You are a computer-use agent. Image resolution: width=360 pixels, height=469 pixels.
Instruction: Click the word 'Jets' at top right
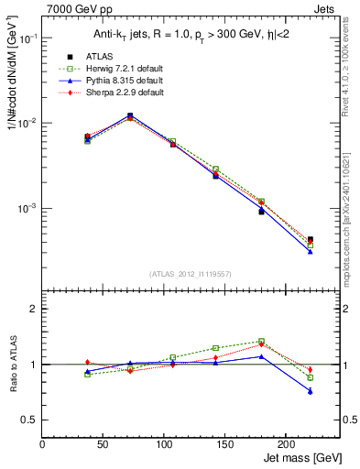(324, 8)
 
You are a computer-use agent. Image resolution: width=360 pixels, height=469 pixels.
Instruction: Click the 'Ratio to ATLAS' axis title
(12, 365)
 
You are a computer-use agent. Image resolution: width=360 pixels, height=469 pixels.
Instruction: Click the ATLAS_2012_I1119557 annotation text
(191, 274)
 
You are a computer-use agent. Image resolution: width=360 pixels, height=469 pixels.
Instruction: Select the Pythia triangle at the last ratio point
(310, 391)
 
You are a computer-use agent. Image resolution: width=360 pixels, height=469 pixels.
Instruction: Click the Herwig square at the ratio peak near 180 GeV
(261, 342)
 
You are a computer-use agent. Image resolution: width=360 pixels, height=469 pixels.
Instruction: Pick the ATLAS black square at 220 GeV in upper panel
(310, 240)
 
